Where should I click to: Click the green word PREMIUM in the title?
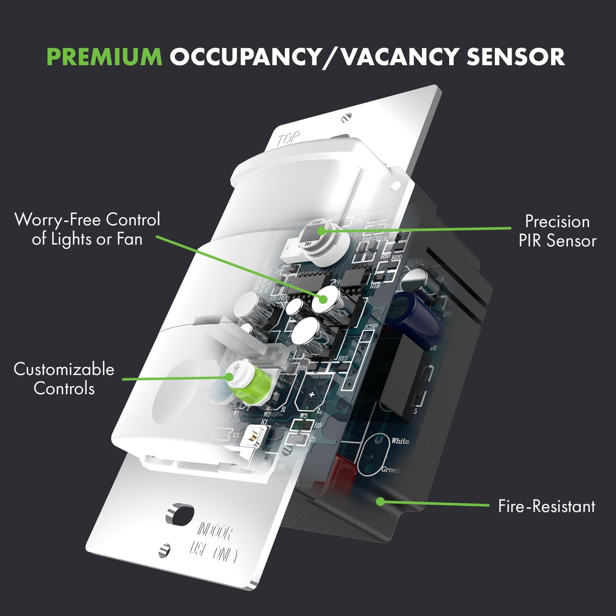click(x=104, y=56)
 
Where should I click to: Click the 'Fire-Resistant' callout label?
click(x=546, y=507)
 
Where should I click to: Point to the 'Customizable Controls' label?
click(x=64, y=378)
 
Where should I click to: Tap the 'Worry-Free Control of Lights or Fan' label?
click(x=87, y=229)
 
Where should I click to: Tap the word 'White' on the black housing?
click(x=400, y=441)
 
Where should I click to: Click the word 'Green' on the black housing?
click(x=391, y=470)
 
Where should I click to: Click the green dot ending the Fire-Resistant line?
click(x=380, y=500)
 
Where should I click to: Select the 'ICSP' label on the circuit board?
click(x=371, y=327)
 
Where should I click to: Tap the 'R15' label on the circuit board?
click(x=343, y=358)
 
